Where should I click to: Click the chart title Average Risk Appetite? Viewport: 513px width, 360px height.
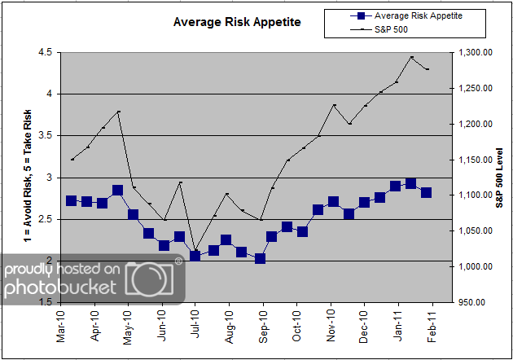click(237, 22)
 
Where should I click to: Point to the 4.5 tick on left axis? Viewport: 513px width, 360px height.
click(44, 52)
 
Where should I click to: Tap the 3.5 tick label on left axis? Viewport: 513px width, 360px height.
click(44, 135)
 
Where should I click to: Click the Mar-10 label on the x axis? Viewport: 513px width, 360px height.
click(60, 324)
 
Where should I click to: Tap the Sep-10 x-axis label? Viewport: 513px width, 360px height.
click(263, 324)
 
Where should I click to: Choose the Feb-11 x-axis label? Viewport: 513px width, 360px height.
click(432, 324)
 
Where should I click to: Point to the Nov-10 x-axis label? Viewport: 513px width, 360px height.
click(331, 324)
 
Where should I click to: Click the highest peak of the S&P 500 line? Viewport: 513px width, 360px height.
click(412, 57)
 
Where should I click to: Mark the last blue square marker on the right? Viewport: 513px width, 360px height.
click(426, 192)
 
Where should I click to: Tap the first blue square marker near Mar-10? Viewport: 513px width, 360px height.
click(71, 200)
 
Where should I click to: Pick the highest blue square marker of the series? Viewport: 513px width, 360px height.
click(411, 184)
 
